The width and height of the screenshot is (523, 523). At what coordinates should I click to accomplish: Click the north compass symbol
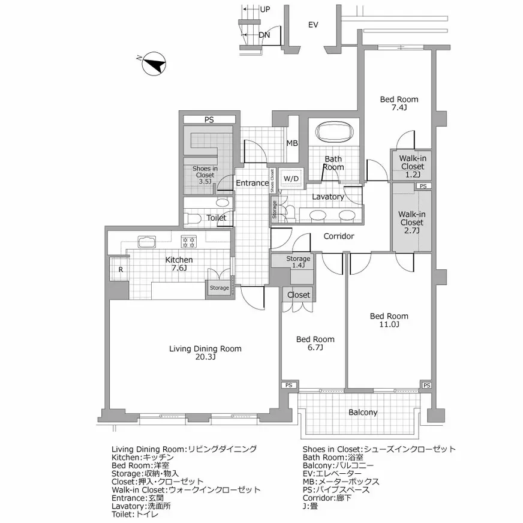click(x=154, y=64)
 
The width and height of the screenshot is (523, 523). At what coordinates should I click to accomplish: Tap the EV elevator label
click(x=313, y=25)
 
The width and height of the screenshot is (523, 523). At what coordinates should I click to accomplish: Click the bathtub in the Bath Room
click(x=334, y=132)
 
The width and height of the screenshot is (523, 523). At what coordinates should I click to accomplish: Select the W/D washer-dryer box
click(x=291, y=179)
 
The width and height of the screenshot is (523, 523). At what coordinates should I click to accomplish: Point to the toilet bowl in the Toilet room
click(x=193, y=219)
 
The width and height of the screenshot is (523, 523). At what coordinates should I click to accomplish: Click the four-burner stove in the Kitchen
click(x=189, y=242)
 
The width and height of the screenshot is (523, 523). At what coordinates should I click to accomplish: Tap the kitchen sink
click(x=147, y=242)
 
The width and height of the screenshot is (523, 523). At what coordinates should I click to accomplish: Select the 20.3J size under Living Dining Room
click(x=205, y=357)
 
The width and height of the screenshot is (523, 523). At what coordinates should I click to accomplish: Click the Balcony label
click(x=363, y=413)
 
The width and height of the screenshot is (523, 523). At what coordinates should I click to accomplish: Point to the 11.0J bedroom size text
click(x=389, y=324)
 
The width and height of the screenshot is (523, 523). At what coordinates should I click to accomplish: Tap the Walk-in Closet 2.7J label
click(x=412, y=222)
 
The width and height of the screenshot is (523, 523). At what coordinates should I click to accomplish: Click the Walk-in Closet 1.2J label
click(x=413, y=166)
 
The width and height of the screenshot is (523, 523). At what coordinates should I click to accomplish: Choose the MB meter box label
click(x=292, y=143)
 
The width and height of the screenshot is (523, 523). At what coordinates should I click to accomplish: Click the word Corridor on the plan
click(x=339, y=236)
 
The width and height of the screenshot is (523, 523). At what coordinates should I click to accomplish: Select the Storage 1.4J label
click(x=298, y=262)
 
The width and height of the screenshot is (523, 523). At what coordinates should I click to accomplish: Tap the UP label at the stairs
click(x=265, y=10)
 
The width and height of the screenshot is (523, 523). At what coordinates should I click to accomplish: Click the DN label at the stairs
click(x=264, y=35)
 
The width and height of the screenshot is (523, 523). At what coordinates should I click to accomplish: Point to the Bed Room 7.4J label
click(x=399, y=103)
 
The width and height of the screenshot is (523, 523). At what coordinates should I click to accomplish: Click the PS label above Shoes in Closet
click(x=209, y=120)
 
